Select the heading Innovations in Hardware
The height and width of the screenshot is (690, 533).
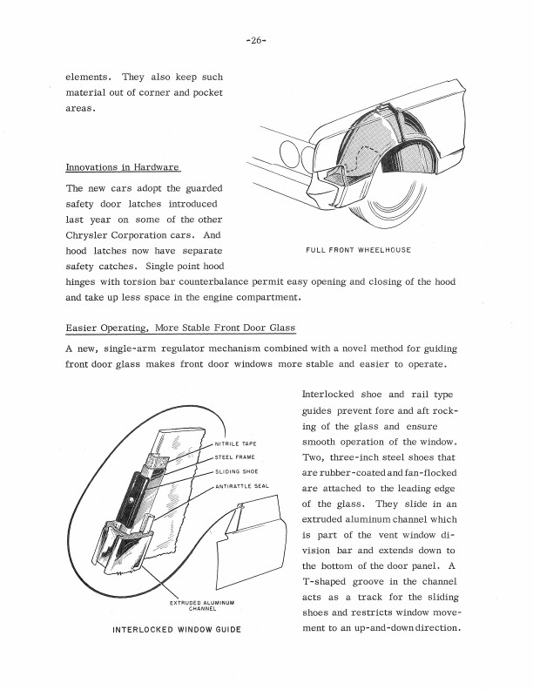coord(121,167)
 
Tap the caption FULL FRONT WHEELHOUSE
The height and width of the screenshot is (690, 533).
coord(358,250)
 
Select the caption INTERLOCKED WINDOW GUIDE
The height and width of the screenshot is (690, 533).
coord(177,628)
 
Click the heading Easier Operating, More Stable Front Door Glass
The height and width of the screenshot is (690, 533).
coord(180,328)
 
